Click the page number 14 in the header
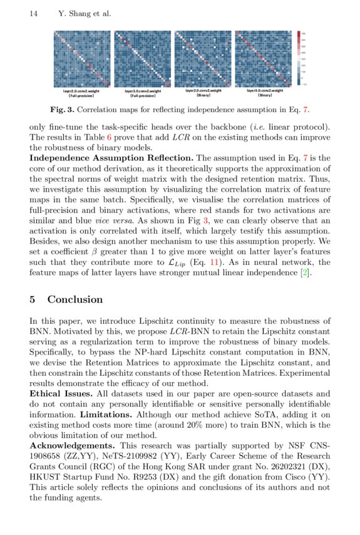click(x=34, y=14)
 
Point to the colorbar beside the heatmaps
click(x=299, y=58)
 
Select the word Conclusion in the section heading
click(x=75, y=299)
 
